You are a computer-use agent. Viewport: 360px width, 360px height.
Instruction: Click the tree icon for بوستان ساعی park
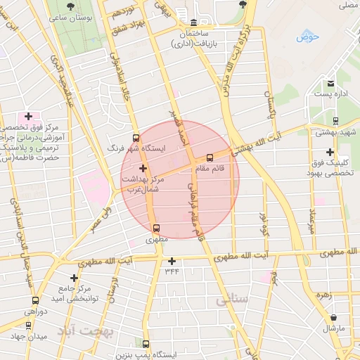coord(71,6)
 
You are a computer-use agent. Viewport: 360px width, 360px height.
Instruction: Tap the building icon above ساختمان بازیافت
coord(193,22)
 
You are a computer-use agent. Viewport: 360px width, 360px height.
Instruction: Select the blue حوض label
coord(307,37)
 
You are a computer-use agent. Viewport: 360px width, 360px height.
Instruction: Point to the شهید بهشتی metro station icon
coord(335,120)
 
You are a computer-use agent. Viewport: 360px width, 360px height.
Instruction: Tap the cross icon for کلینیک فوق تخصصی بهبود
coord(330,152)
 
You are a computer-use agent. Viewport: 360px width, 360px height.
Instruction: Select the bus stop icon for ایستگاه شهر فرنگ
coord(136,137)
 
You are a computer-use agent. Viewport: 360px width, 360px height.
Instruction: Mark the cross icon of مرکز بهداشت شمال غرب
coord(143,167)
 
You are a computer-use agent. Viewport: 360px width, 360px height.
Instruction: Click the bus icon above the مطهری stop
coord(156,227)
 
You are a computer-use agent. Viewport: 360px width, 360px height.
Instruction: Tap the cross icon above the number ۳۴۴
coord(172,261)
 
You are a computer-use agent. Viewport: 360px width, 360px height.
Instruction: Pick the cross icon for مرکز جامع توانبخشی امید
coord(74,278)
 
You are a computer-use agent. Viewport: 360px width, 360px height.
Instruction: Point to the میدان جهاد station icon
coord(28,325)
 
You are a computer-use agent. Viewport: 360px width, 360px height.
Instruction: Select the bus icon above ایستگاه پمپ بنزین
coord(146,344)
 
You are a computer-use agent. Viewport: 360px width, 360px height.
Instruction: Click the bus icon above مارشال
coord(333,317)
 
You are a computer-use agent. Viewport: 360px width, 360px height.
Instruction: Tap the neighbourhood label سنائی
coord(233,300)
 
